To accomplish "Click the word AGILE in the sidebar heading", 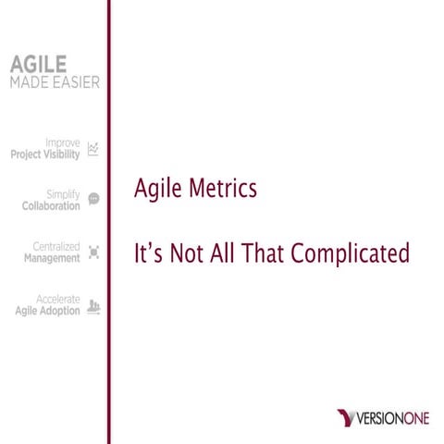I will [38, 65].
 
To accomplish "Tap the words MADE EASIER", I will [55, 82].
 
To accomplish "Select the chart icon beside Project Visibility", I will [92, 149].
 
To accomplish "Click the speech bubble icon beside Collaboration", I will [92, 198].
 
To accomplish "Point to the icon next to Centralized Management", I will [92, 253].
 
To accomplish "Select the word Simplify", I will [62, 195].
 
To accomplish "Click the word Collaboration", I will [51, 206].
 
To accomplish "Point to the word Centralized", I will [56, 247].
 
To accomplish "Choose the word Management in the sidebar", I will [52, 259].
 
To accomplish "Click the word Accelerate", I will [57, 300].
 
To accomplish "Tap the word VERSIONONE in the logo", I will [392, 420].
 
